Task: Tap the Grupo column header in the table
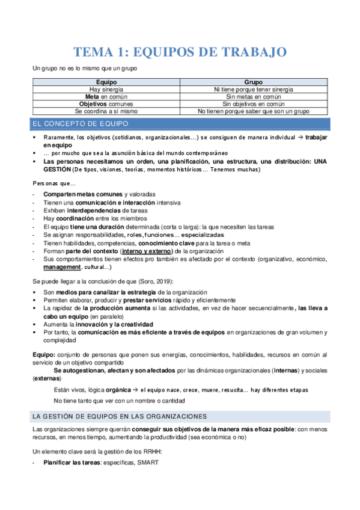pyautogui.click(x=254, y=82)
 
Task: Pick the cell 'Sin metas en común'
pyautogui.click(x=254, y=96)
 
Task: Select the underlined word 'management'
pyautogui.click(x=62, y=266)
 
